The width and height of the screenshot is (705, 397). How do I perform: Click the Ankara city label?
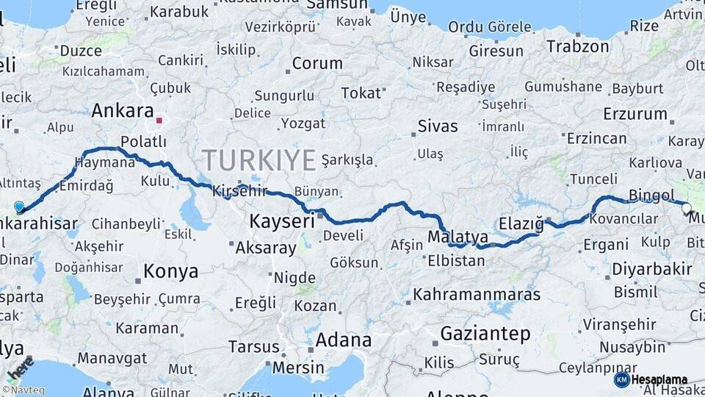pyautogui.click(x=122, y=111)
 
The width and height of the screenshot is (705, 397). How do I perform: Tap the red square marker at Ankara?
pyautogui.click(x=159, y=119)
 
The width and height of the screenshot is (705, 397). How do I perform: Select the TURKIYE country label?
pyautogui.click(x=259, y=160)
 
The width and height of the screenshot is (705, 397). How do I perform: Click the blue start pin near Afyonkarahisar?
pyautogui.click(x=19, y=207)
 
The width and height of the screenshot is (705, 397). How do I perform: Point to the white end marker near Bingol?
pyautogui.click(x=687, y=208)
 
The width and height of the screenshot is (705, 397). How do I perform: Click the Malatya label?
pyautogui.click(x=458, y=237)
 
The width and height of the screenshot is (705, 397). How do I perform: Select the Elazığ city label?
pyautogui.click(x=521, y=223)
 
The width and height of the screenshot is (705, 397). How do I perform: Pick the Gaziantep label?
pyautogui.click(x=485, y=334)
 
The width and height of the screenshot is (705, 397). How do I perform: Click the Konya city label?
pyautogui.click(x=170, y=271)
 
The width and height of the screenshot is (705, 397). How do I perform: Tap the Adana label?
pyautogui.click(x=343, y=340)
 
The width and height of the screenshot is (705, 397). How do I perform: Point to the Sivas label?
pyautogui.click(x=438, y=126)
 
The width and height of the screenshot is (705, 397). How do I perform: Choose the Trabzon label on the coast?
pyautogui.click(x=577, y=46)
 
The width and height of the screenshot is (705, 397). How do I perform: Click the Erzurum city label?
pyautogui.click(x=635, y=114)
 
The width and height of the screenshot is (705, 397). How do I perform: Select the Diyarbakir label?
pyautogui.click(x=652, y=269)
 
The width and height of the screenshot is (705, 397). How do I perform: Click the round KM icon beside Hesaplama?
pyautogui.click(x=622, y=379)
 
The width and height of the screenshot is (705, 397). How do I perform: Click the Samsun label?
pyautogui.click(x=336, y=4)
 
